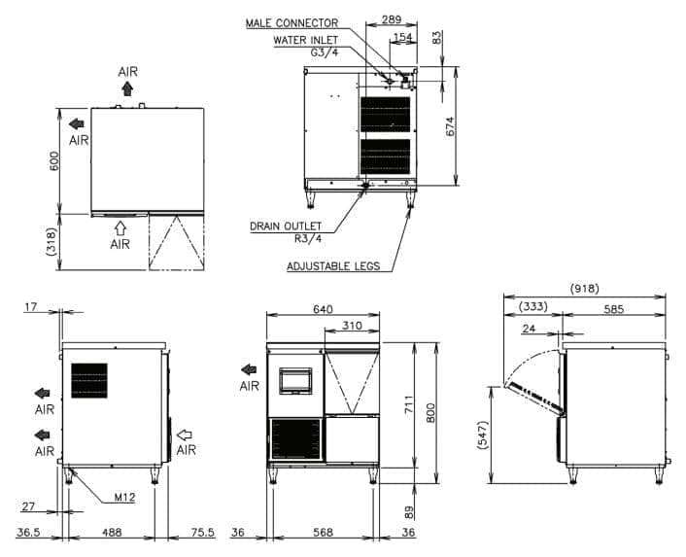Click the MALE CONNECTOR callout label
coord(292,22)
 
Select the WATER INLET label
coord(306,40)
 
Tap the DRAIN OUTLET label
coord(286,226)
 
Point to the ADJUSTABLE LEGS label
coord(333,266)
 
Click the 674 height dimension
coord(451,126)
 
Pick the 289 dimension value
coord(392,19)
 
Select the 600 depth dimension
coord(54,161)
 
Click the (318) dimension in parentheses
coord(51,242)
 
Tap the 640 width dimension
coord(323,309)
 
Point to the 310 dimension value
coord(352,325)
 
